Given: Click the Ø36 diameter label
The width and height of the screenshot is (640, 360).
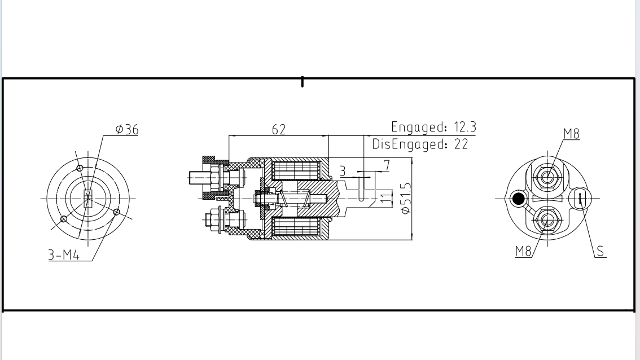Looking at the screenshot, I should (127, 130).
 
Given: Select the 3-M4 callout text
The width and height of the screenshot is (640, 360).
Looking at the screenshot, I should (63, 255).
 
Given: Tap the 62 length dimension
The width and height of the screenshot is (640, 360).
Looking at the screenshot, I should (279, 129).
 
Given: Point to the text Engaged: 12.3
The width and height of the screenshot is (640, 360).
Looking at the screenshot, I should (433, 127).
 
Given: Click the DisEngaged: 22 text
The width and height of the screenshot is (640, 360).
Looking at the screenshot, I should (420, 144).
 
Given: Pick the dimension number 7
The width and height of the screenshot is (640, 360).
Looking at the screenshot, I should (387, 165).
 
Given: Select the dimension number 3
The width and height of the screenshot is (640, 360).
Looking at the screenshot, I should (342, 171).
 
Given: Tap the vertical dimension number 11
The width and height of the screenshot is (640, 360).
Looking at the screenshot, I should (385, 197).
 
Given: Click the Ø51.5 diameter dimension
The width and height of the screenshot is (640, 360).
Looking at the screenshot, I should (404, 197).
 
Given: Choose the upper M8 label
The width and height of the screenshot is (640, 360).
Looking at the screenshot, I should (571, 134).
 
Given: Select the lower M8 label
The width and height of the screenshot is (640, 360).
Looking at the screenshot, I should (524, 252).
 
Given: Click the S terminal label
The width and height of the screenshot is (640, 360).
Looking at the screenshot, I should (601, 252).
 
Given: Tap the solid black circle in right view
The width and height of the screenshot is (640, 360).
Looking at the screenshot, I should (518, 198).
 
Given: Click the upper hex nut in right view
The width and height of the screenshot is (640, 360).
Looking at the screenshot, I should (546, 177).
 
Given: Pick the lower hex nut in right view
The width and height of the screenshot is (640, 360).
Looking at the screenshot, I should (546, 219).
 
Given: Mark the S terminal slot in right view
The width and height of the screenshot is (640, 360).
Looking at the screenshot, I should (580, 197).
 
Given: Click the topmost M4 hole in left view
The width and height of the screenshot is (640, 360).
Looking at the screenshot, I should (80, 168).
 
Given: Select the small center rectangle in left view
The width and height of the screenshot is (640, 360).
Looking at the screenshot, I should (87, 199).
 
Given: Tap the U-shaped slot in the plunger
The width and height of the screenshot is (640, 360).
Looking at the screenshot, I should (361, 188).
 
